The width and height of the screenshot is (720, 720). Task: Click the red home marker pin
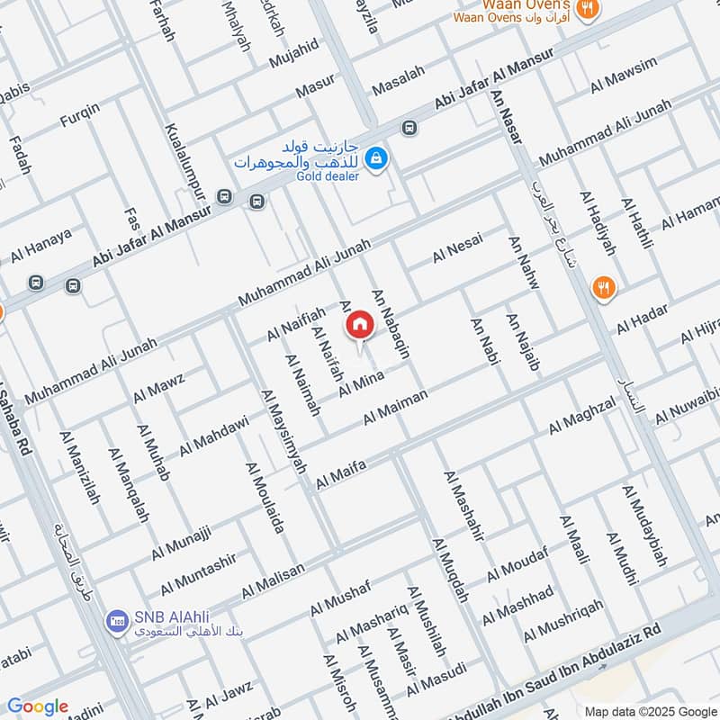pos(359,325)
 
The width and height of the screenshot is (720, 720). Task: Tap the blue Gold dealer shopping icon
pos(378,157)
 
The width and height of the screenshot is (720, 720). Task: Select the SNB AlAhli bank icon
pos(116,619)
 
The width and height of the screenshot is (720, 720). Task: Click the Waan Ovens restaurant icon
pos(589,8)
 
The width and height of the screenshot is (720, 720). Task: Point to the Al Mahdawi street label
pos(213,435)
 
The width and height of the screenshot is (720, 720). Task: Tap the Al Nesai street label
pos(457,247)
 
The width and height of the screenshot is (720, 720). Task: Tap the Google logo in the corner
pos(37,706)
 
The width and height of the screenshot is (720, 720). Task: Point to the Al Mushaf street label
pos(340,598)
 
